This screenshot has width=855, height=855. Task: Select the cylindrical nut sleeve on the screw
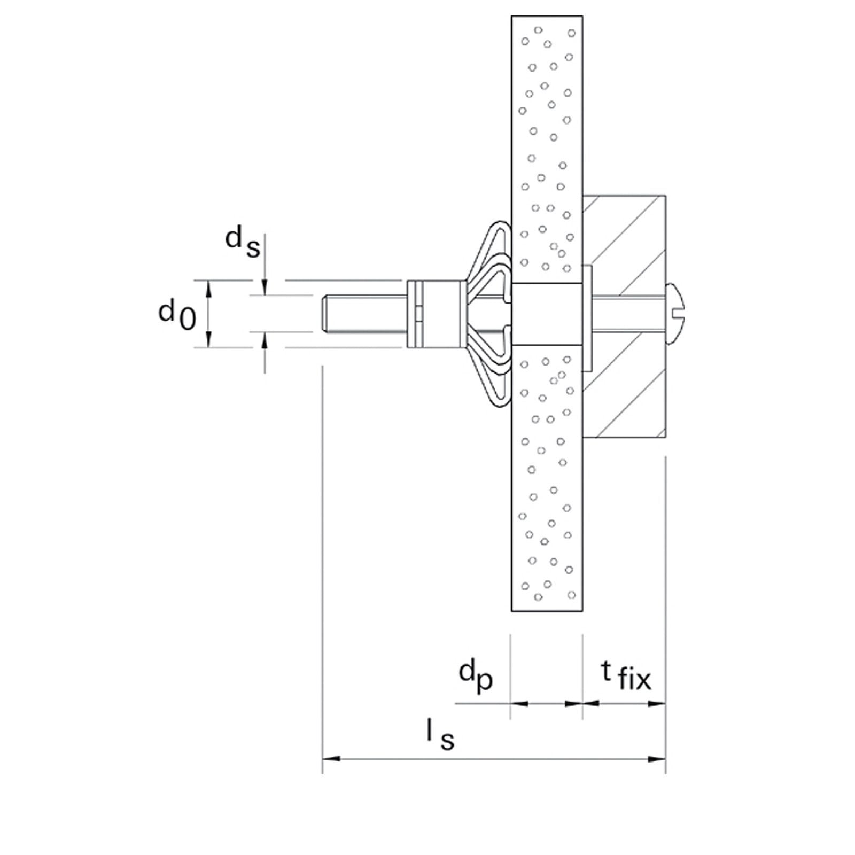(434, 314)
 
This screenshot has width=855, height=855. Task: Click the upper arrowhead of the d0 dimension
(209, 287)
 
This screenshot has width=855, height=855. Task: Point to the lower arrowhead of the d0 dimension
(209, 340)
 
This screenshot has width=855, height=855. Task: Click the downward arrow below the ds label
(265, 287)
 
